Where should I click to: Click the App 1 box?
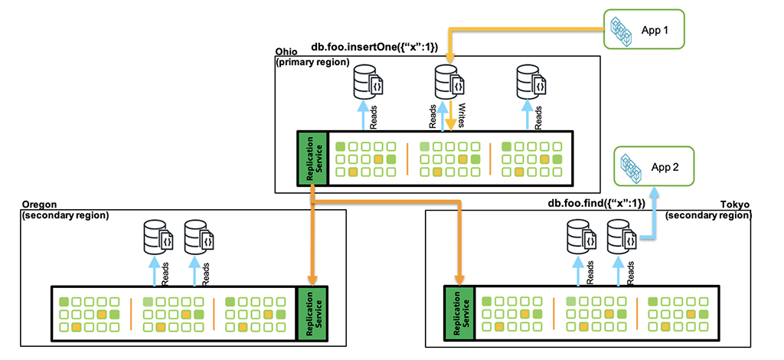pos(643,30)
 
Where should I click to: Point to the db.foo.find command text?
pos(596,204)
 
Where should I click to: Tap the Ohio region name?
pos(286,52)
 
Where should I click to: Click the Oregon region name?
pos(40,205)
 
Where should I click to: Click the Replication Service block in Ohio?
pos(312,157)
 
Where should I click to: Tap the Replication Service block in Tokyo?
pos(459,313)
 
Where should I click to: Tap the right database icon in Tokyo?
pos(622,237)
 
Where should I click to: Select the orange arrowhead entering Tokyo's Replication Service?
pos(459,280)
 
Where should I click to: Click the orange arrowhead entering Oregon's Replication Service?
pos(312,280)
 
